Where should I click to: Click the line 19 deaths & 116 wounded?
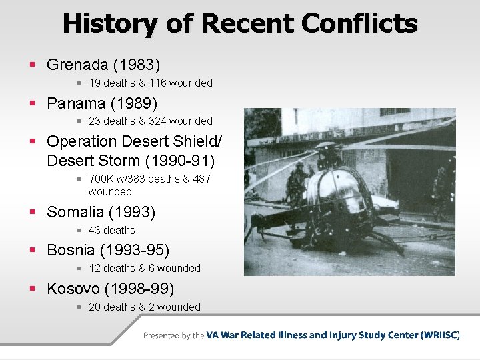pos(150,83)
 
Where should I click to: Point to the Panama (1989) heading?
pos(102,103)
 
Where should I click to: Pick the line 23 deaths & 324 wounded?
pos(150,121)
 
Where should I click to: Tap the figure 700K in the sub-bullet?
pos(102,179)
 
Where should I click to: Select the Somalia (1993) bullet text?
pos(101,212)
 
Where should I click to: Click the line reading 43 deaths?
pos(111,231)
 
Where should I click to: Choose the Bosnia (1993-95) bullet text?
pos(108,250)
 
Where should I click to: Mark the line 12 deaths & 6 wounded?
pos(144,269)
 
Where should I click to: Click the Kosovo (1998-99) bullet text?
pos(110,289)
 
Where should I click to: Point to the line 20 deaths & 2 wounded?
pos(144,307)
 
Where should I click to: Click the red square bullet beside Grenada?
pos(33,65)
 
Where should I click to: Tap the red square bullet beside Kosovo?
pos(33,289)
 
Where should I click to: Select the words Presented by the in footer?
pos(173,335)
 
